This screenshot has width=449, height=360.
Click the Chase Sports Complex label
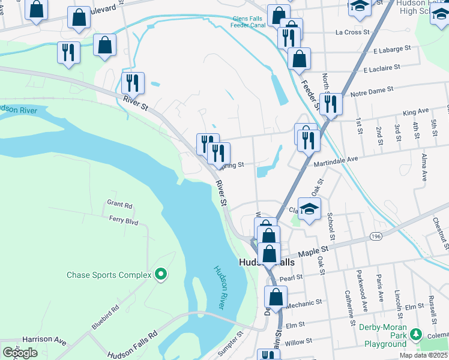109,275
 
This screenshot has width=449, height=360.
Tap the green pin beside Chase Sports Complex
160,275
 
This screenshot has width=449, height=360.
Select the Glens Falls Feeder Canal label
249,22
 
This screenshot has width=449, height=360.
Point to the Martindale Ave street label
336,158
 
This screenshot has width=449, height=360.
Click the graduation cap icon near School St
309,209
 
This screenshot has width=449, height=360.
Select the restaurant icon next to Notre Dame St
331,104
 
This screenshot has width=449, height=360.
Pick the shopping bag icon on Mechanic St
276,297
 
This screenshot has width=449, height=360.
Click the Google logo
20,353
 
